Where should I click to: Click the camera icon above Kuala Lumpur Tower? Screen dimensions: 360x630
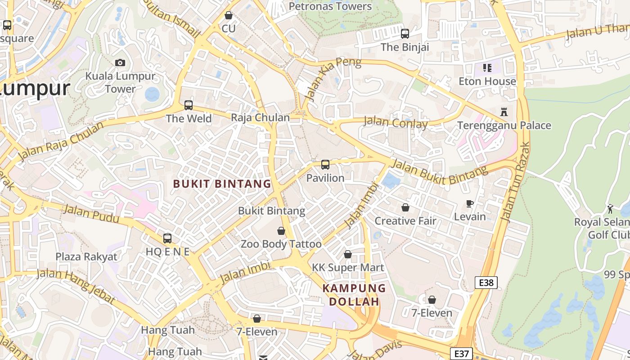[120, 63]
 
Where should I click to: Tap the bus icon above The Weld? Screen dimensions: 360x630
[189, 105]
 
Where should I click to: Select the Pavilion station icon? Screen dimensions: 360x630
[325, 165]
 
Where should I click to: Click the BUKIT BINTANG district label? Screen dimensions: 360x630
[222, 184]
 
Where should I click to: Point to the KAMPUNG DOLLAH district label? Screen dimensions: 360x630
[354, 295]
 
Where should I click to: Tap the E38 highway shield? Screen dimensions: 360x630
[486, 283]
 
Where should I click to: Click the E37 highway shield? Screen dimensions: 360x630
[461, 354]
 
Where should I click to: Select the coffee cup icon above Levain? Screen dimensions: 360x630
[470, 204]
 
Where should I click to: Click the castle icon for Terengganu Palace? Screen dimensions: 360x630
[504, 112]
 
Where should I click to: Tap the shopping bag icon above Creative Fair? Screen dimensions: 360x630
[405, 207]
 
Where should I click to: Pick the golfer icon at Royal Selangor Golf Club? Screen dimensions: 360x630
[610, 209]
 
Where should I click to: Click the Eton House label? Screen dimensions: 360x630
[487, 81]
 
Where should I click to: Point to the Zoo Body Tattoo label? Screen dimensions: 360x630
[281, 244]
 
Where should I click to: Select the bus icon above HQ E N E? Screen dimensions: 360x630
[167, 238]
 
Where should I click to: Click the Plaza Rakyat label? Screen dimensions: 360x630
[86, 256]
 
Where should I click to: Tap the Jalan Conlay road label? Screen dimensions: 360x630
[396, 122]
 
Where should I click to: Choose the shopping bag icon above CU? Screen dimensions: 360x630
[229, 15]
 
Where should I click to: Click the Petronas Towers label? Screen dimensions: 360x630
[330, 6]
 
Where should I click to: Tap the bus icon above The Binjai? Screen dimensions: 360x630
[405, 34]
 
